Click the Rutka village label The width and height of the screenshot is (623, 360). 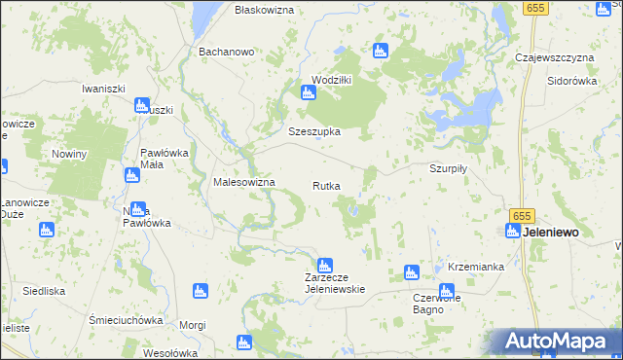pos(326,186)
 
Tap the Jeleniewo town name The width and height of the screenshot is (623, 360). pos(553,233)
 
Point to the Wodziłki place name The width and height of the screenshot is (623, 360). pos(331,80)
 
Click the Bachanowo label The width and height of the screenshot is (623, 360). pos(226,52)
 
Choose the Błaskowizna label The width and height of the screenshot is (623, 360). pos(265,9)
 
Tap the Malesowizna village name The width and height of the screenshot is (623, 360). pos(244,183)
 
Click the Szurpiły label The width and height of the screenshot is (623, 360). pos(450,167)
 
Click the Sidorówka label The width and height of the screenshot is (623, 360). pos(571,82)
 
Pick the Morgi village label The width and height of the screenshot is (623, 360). pos(193,325)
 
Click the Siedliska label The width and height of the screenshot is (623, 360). pos(44,291)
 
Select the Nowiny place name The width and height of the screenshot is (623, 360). pos(70,155)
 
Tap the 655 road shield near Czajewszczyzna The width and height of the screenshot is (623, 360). pos(532,8)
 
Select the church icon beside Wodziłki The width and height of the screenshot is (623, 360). pos(309,93)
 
